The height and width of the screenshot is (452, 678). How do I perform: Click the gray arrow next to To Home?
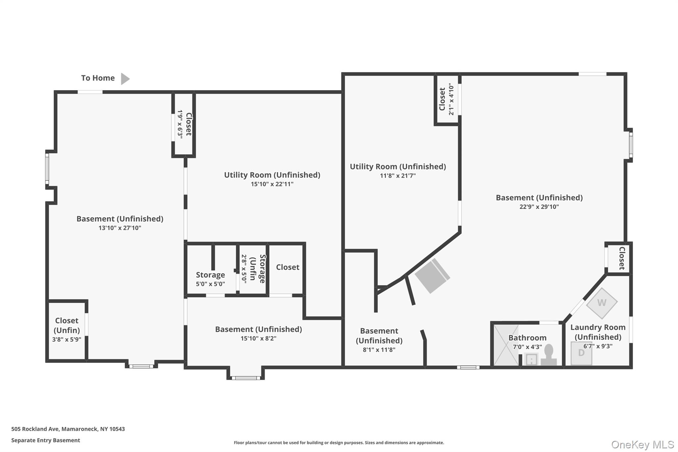pyautogui.click(x=125, y=79)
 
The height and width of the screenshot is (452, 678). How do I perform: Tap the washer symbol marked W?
pyautogui.click(x=602, y=303)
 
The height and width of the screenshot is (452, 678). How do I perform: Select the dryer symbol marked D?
pyautogui.click(x=581, y=353)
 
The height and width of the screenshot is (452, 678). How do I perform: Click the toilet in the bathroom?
pyautogui.click(x=549, y=355)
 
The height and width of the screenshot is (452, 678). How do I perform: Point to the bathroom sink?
pyautogui.click(x=531, y=359)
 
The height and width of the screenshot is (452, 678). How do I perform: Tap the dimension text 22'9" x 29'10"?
pyautogui.click(x=539, y=207)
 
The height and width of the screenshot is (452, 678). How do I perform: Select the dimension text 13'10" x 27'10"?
pyautogui.click(x=120, y=228)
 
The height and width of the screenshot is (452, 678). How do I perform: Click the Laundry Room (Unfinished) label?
pyautogui.click(x=598, y=332)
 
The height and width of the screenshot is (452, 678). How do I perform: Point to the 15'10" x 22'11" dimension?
pyautogui.click(x=272, y=184)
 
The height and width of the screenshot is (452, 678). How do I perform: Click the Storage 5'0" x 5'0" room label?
pyautogui.click(x=210, y=279)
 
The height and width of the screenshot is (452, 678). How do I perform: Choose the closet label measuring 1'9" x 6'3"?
pyautogui.click(x=184, y=124)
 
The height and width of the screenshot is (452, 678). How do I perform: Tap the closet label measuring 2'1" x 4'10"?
pyautogui.click(x=446, y=99)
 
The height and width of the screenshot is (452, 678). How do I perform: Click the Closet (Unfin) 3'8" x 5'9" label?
pyautogui.click(x=67, y=329)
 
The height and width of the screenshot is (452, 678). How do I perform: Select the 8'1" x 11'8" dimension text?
pyautogui.click(x=379, y=350)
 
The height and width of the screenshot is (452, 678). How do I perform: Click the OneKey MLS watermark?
pyautogui.click(x=643, y=444)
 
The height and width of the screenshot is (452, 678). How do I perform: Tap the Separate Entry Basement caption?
pyautogui.click(x=46, y=440)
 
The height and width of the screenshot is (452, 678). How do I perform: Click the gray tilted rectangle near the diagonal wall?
pyautogui.click(x=432, y=276)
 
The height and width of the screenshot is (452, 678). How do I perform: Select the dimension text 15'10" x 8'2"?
pyautogui.click(x=258, y=338)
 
